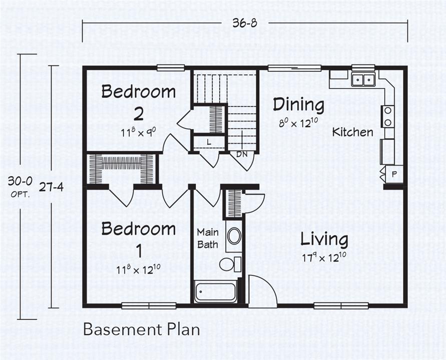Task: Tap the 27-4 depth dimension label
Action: click(52, 187)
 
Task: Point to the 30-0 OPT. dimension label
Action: click(20, 186)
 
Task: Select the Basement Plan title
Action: click(141, 329)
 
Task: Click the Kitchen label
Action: click(353, 132)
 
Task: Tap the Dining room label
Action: click(299, 104)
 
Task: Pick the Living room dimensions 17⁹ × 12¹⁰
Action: click(324, 257)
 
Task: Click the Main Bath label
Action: click(208, 238)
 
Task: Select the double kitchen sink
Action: click(363, 79)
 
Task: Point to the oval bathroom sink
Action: click(234, 235)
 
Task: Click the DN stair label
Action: click(242, 154)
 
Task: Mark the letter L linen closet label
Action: click(209, 142)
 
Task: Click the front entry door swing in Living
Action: click(263, 291)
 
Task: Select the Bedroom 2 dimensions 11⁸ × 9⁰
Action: click(139, 132)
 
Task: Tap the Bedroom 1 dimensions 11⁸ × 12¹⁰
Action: click(139, 269)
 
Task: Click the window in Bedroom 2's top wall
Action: click(171, 67)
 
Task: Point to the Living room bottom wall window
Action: click(341, 305)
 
